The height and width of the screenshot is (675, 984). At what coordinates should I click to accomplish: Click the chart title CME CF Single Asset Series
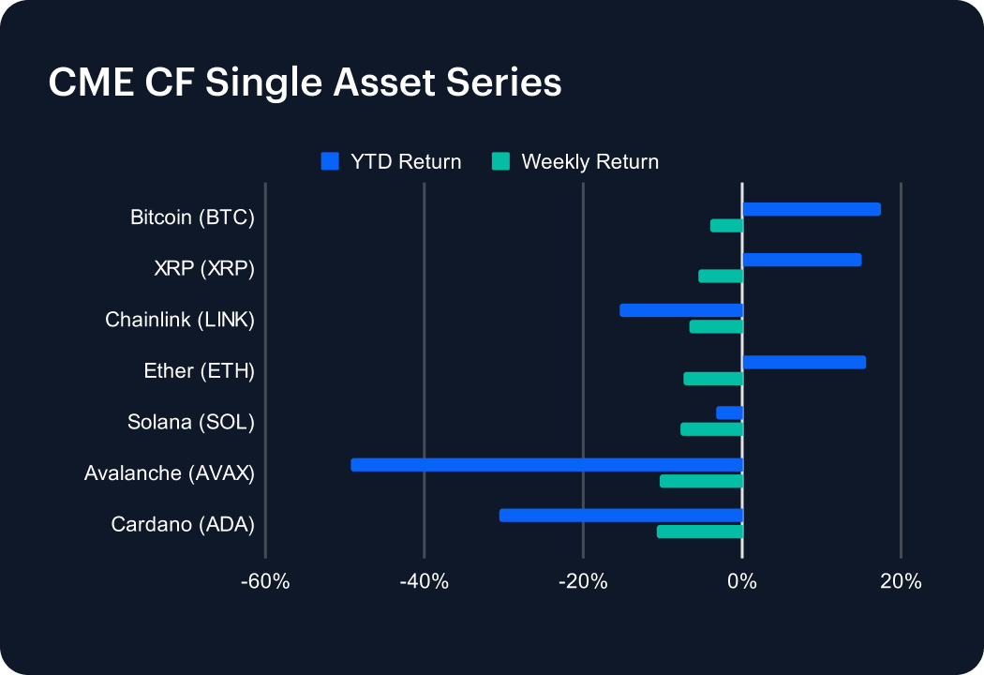tap(305, 83)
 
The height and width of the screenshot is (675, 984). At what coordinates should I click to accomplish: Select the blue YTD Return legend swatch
tap(329, 161)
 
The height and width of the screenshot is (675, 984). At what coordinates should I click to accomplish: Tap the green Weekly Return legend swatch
tap(500, 161)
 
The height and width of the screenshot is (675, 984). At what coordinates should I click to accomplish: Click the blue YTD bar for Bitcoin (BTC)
tap(812, 209)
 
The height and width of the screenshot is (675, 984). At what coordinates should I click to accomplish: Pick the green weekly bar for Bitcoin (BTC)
tap(726, 226)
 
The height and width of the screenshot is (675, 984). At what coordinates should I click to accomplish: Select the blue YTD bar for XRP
tap(801, 260)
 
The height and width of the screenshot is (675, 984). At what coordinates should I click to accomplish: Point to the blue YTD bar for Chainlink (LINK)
tap(681, 310)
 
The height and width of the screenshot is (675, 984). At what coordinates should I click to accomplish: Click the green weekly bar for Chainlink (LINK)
tap(716, 326)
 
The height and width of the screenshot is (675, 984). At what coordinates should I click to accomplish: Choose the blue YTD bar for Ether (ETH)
tap(804, 362)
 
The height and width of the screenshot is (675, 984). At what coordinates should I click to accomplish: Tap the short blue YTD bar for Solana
tap(729, 412)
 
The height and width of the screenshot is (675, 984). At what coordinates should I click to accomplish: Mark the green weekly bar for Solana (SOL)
tap(711, 429)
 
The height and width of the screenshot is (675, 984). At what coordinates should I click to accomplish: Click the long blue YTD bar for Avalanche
tap(546, 464)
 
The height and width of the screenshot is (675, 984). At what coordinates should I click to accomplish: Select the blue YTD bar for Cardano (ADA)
tap(620, 515)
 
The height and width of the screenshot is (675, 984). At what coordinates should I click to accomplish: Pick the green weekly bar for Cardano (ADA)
tap(699, 532)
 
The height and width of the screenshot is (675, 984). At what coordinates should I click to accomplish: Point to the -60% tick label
tap(265, 582)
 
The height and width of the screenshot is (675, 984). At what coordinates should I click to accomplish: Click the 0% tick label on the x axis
tap(742, 582)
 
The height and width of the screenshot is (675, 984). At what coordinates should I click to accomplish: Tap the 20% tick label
tap(901, 582)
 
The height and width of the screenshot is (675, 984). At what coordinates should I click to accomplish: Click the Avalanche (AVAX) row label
tap(169, 473)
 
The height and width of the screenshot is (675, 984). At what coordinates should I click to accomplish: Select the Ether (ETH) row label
tap(199, 371)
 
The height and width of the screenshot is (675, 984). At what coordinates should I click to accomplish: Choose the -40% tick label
tap(424, 582)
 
